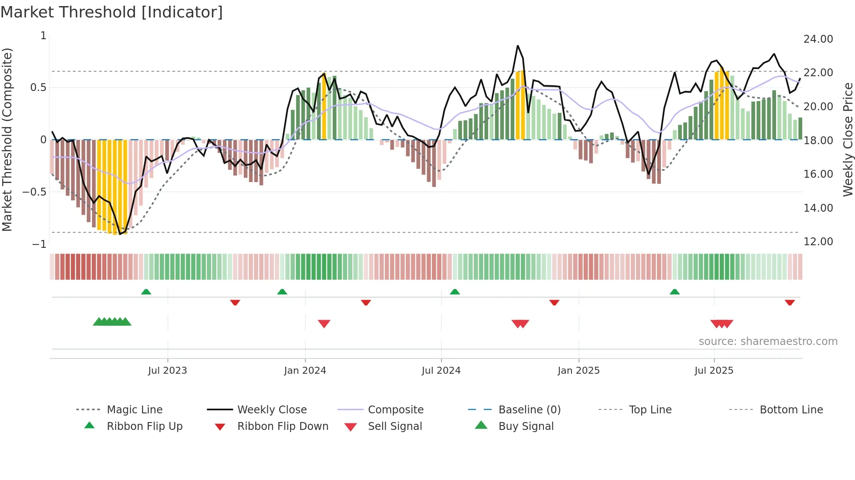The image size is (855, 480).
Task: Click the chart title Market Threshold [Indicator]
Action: coord(112,12)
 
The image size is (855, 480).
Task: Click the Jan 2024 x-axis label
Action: coord(305,371)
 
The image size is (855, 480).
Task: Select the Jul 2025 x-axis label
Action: coord(714,371)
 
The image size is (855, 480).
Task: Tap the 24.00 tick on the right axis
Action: coord(818,39)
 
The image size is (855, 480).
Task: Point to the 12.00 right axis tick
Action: coord(818,242)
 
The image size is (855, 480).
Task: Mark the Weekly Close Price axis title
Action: coord(848,139)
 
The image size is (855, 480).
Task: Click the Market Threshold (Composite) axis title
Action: coord(7,139)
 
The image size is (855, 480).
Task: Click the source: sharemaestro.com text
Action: coord(768,341)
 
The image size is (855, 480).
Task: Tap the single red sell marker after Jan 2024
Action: coord(324,324)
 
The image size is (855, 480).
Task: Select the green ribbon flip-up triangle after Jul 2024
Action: coord(455,291)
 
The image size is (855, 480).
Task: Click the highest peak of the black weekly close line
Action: coord(518,46)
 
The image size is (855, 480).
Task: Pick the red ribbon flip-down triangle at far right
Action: coord(790,303)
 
